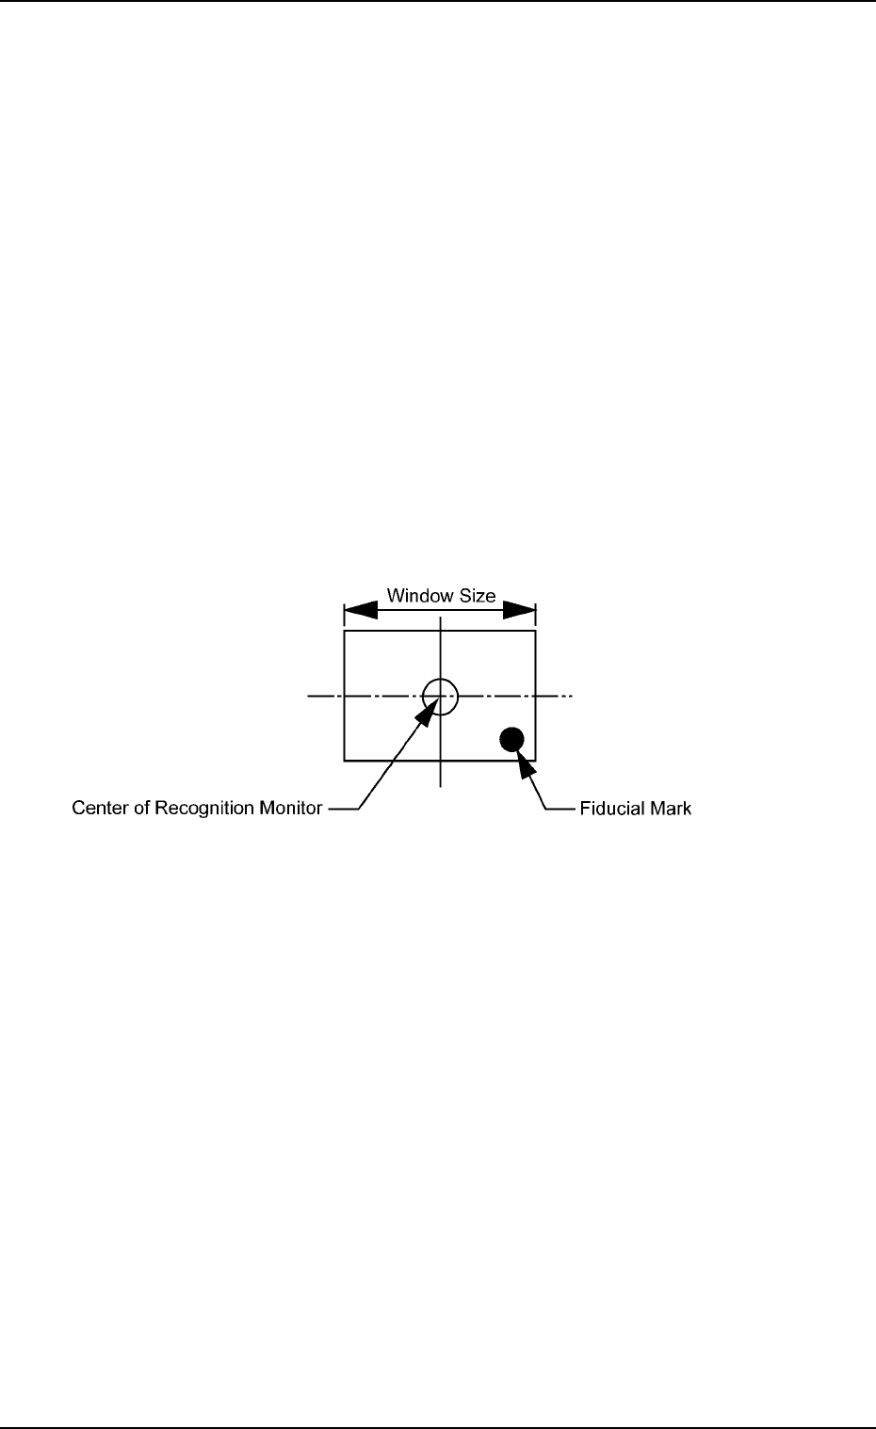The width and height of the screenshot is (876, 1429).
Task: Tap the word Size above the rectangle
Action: pos(477,596)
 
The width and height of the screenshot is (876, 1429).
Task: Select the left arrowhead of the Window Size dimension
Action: pos(360,611)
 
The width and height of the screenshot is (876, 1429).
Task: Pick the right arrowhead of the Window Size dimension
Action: pos(520,611)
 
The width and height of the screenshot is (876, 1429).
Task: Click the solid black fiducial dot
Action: pos(511,739)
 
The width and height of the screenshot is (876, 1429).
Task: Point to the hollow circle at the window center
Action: pos(440,697)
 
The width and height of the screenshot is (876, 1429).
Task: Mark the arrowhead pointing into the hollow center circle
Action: pos(427,713)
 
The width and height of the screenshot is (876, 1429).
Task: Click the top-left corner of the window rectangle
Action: pos(344,632)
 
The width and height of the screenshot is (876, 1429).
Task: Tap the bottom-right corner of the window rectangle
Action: pos(536,760)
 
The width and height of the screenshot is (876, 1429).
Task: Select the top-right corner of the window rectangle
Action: pos(536,632)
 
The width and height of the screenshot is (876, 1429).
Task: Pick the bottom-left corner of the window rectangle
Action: pos(344,760)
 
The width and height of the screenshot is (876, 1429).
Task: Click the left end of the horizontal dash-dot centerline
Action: pos(309,697)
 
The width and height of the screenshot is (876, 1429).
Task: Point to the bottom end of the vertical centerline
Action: pos(440,785)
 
